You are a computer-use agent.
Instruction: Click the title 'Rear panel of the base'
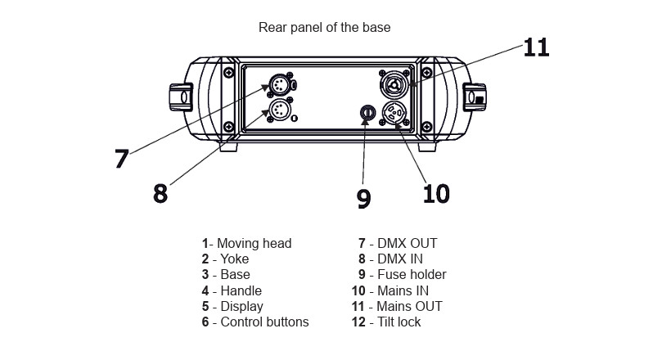coord(324,27)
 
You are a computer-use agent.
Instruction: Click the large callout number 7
coord(121,158)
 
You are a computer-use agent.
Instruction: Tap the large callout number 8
coord(160,193)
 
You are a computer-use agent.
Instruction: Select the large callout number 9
coord(364,198)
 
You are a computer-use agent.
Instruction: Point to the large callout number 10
coord(435,193)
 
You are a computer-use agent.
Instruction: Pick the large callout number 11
coord(536,47)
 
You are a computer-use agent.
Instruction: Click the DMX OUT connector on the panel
coord(280,85)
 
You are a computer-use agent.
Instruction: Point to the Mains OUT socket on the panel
coord(393,84)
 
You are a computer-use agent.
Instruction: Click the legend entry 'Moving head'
coord(247,243)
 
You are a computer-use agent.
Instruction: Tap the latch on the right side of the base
coord(474,97)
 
